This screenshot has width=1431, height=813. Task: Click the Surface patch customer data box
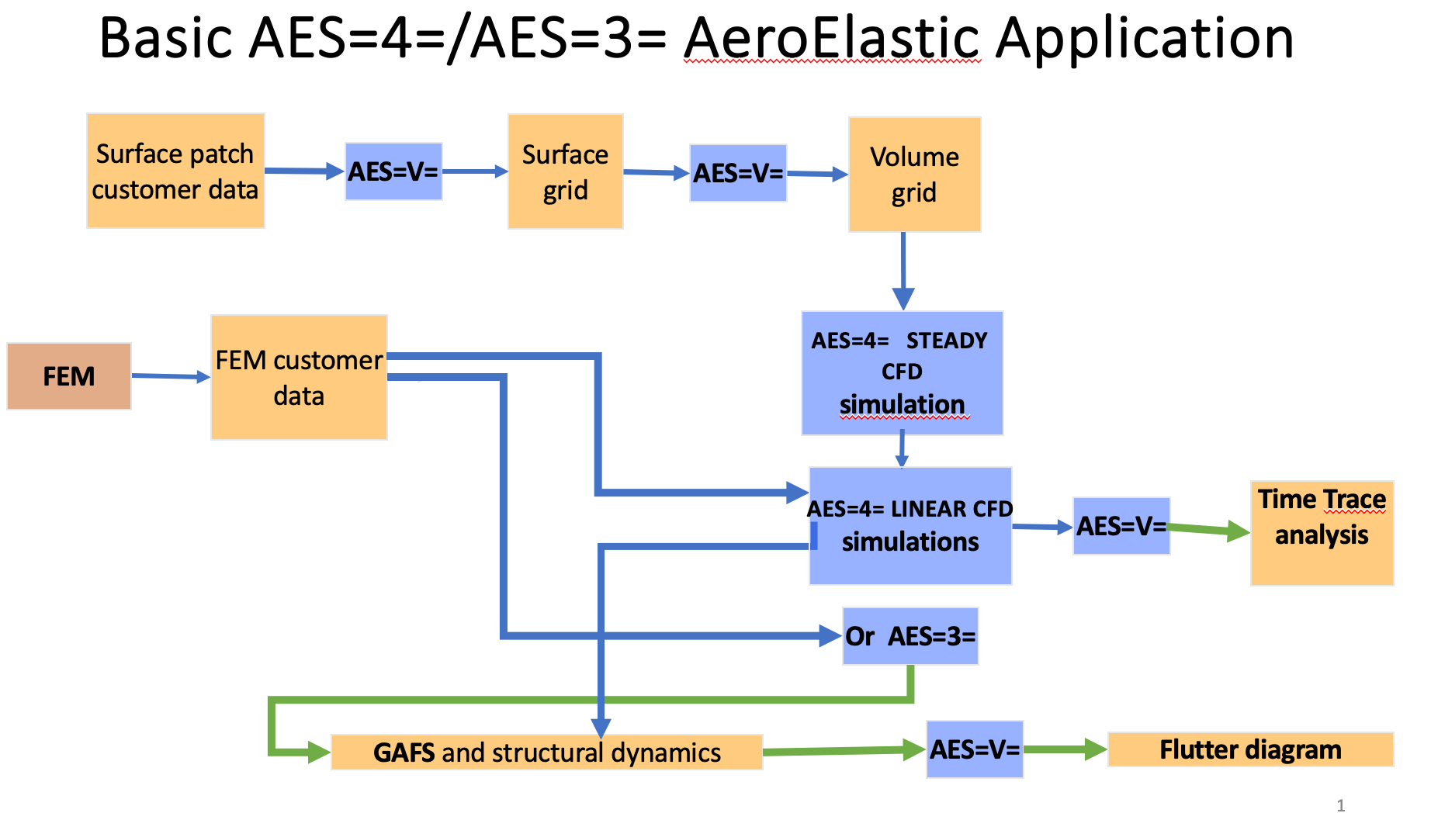pyautogui.click(x=175, y=171)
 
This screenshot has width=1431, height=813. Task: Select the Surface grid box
pyautogui.click(x=565, y=171)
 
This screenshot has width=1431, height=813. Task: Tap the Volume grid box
pyautogui.click(x=914, y=175)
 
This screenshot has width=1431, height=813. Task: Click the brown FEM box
pyautogui.click(x=69, y=376)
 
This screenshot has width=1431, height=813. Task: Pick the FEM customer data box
pyautogui.click(x=299, y=378)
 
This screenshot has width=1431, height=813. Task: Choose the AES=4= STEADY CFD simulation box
pyautogui.click(x=902, y=373)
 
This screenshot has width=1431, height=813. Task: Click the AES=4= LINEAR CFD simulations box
pyautogui.click(x=910, y=525)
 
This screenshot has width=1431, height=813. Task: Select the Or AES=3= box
pyautogui.click(x=910, y=636)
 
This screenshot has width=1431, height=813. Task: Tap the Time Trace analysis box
pyautogui.click(x=1322, y=533)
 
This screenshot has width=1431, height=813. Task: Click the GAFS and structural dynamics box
pyautogui.click(x=546, y=752)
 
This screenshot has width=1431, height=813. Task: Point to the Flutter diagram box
pyautogui.click(x=1250, y=749)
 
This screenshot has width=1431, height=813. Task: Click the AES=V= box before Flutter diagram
pyautogui.click(x=975, y=749)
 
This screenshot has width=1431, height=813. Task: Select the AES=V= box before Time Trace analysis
pyautogui.click(x=1121, y=526)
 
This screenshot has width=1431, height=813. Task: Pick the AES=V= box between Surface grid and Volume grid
pyautogui.click(x=738, y=173)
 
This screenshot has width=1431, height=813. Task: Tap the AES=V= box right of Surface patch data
pyautogui.click(x=393, y=171)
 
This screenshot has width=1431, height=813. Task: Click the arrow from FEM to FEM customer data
pyautogui.click(x=171, y=376)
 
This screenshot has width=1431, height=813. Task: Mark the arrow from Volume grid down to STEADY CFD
pyautogui.click(x=903, y=272)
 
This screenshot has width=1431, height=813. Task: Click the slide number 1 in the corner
pyautogui.click(x=1340, y=805)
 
